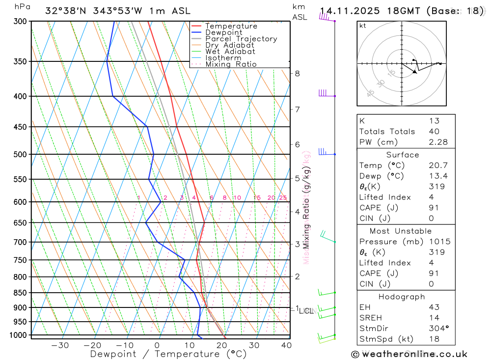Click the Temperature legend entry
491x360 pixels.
point(231,26)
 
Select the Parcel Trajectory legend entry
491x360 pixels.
point(241,39)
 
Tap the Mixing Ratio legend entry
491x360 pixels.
point(231,64)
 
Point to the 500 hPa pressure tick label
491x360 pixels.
point(20,154)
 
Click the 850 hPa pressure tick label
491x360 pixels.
point(20,293)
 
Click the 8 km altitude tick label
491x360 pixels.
point(297,74)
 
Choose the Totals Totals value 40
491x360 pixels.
point(434,131)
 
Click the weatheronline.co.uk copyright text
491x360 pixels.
point(409,354)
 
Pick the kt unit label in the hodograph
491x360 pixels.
point(362,26)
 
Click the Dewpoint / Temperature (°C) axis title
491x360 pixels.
point(168,354)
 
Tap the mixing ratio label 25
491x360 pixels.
point(283,198)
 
